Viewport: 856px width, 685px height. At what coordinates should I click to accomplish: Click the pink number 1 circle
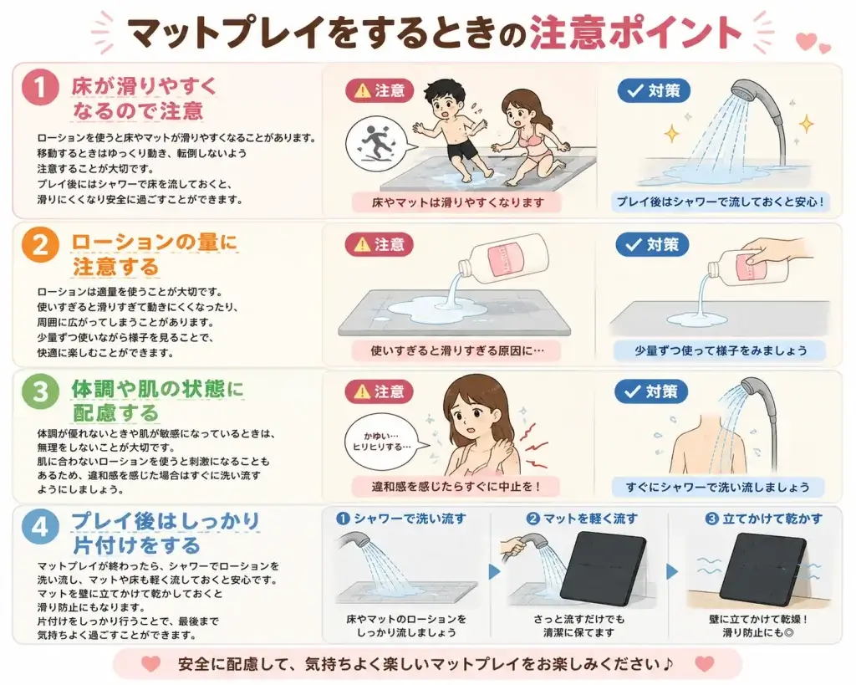tap(40, 89)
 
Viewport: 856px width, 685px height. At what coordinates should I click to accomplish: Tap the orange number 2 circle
tap(40, 245)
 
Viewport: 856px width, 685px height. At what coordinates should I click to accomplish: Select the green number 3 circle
tap(40, 391)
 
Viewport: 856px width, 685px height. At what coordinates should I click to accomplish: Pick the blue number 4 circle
tap(40, 528)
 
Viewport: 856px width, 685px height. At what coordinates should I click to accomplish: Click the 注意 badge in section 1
tap(380, 90)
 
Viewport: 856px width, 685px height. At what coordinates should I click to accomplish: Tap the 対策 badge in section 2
tap(652, 245)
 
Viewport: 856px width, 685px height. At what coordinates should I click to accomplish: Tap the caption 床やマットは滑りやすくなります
tap(457, 202)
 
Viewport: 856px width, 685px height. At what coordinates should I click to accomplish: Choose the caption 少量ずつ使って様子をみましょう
tap(721, 350)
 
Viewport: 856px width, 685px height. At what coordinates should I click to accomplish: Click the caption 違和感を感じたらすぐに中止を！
tap(456, 486)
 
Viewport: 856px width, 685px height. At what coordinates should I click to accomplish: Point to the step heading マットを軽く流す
tap(582, 518)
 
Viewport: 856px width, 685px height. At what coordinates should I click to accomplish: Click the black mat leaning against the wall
tap(762, 566)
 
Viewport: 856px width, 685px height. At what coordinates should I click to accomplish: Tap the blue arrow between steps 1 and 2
tap(495, 572)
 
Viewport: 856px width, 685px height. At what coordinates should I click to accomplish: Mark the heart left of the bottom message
tap(150, 664)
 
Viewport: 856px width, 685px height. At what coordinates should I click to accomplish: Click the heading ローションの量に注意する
tap(155, 254)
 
